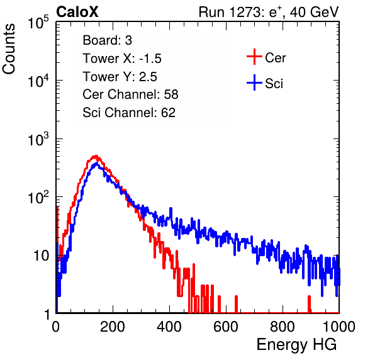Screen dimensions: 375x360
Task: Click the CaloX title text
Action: (77, 12)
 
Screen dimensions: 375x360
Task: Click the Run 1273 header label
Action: (269, 12)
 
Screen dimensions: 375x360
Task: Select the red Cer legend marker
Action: (254, 57)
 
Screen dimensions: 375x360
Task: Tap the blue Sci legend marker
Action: (254, 82)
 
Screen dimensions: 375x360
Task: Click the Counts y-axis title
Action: (9, 49)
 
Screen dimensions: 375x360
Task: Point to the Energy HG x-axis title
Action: (296, 345)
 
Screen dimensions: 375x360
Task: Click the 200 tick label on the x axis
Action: (113, 327)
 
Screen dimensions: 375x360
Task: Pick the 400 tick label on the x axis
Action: (169, 327)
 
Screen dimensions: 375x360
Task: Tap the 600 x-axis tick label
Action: (226, 327)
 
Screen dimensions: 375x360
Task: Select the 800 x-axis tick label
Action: (283, 327)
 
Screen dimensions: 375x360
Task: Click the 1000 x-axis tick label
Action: (339, 327)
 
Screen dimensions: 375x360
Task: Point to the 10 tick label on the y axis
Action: (41, 256)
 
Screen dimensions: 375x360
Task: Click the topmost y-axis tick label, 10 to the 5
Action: (38, 22)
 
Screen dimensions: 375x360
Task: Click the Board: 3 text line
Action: (107, 40)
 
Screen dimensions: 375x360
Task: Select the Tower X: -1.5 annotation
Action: (122, 59)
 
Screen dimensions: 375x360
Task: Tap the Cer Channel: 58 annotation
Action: (130, 94)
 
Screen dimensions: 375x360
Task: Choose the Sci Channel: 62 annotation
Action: (129, 113)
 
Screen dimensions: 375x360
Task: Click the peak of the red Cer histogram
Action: (96, 156)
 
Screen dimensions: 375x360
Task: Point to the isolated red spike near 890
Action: (309, 304)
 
